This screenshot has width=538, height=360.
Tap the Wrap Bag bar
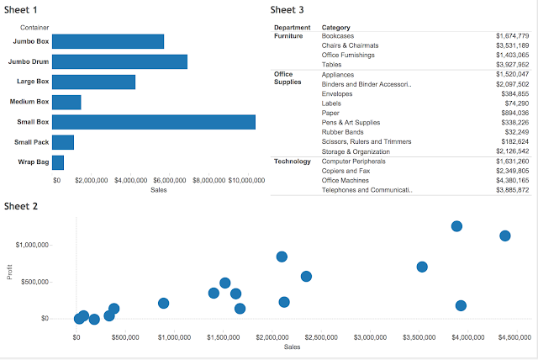coord(58,162)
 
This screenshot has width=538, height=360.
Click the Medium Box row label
coord(29,102)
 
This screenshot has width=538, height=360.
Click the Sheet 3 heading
coord(287,10)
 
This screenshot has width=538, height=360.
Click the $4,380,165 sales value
coord(512,180)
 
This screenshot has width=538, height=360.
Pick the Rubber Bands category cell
coord(345,132)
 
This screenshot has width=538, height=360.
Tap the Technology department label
coord(293,161)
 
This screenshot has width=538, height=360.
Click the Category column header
coord(336,28)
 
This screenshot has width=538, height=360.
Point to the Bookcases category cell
coord(340,36)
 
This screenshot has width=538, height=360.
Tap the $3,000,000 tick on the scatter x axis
coord(371,337)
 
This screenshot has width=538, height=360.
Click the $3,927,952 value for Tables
coord(512,65)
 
